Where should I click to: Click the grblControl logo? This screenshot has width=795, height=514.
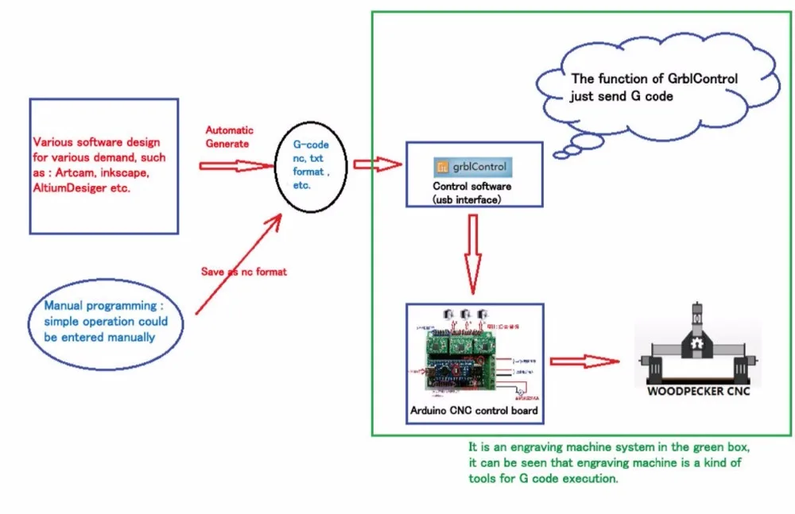pos(473,168)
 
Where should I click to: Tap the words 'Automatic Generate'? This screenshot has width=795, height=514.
pos(229,136)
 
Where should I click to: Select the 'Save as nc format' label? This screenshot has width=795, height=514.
pos(243,272)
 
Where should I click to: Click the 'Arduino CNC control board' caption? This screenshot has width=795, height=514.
pos(475,411)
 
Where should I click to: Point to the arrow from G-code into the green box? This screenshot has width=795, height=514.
pos(376,164)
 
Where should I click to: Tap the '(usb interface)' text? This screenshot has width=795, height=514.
pos(467,199)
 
